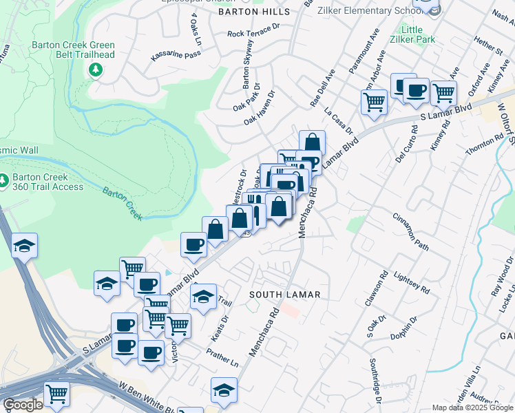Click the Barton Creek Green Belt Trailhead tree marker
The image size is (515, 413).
(x=95, y=70)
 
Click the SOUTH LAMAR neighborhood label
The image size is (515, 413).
(x=284, y=295)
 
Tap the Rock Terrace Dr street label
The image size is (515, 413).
(x=254, y=32)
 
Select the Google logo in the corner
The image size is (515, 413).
(x=23, y=405)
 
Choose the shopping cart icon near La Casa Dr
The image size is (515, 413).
(x=374, y=102)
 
